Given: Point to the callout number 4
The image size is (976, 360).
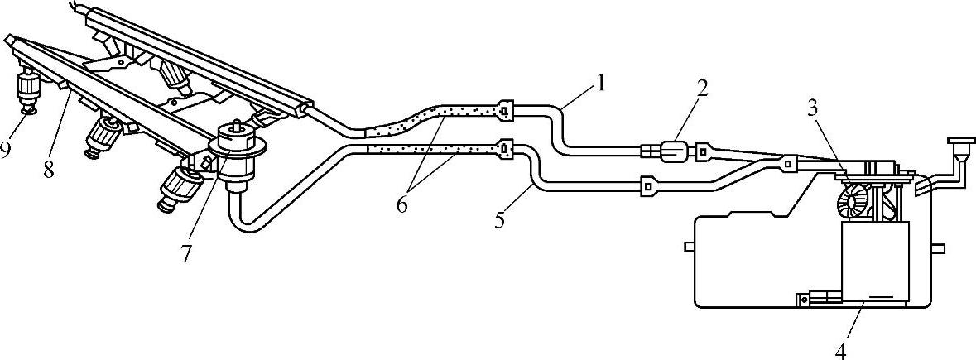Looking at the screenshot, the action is (841, 349).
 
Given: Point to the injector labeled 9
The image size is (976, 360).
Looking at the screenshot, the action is (28, 91).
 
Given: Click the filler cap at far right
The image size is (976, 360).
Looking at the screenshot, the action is (961, 146).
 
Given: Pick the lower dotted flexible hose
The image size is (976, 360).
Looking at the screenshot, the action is (430, 149).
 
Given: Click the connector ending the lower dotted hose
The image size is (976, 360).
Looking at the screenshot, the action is (505, 148).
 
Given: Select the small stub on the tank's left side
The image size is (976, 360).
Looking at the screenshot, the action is (688, 246).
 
